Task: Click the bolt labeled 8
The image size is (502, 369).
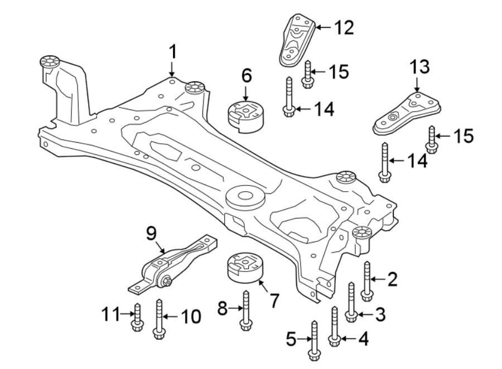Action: pos(244,312)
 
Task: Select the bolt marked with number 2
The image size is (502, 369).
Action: pos(366,278)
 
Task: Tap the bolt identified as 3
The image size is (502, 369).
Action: pos(351,301)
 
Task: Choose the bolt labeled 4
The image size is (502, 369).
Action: pos(335,326)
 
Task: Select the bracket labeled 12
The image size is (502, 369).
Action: pos(296,40)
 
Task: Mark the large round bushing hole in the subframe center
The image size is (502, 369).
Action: pos(244,197)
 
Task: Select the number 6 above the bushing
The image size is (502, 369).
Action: pos(247,74)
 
